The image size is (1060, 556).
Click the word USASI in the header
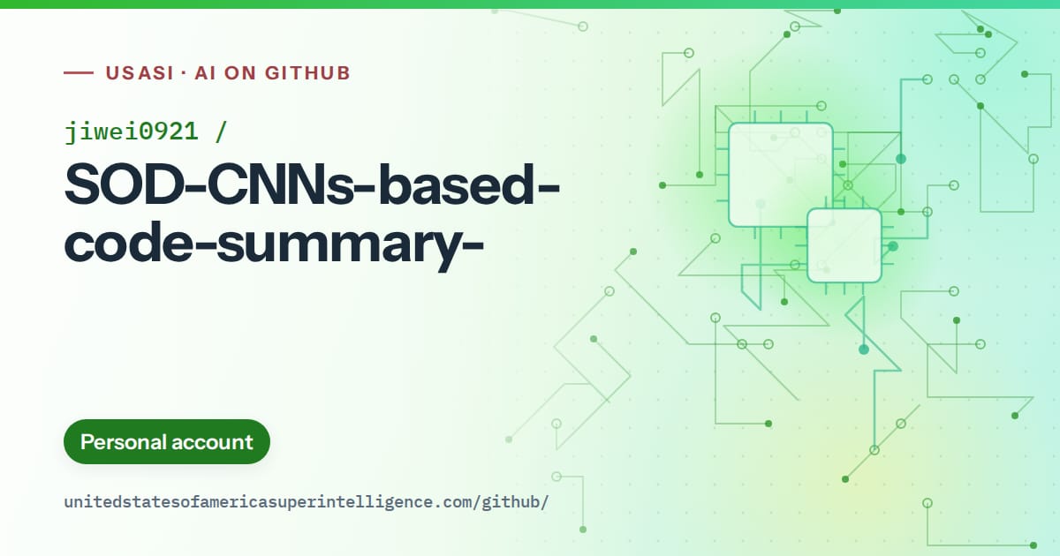click(x=140, y=73)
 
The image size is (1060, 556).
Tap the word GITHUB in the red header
click(x=307, y=73)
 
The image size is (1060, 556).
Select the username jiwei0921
click(x=131, y=131)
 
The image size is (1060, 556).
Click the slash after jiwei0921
click(x=221, y=131)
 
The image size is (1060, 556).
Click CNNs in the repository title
click(x=280, y=184)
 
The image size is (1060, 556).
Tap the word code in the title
click(x=128, y=241)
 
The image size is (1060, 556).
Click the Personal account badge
click(x=167, y=441)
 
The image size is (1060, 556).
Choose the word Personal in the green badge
click(x=123, y=442)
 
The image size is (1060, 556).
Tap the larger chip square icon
click(x=780, y=175)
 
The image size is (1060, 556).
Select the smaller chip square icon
click(x=844, y=245)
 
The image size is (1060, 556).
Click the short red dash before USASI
click(x=79, y=72)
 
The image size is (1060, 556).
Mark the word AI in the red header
click(x=205, y=73)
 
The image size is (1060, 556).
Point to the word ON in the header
click(x=240, y=73)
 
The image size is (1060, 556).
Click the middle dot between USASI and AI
click(x=184, y=73)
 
